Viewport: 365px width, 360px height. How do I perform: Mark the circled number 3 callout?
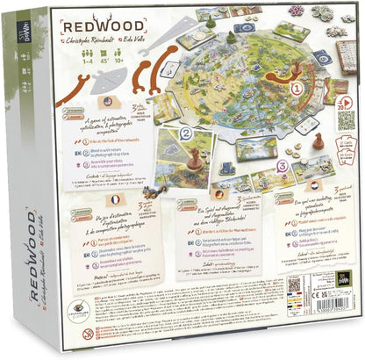279,164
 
